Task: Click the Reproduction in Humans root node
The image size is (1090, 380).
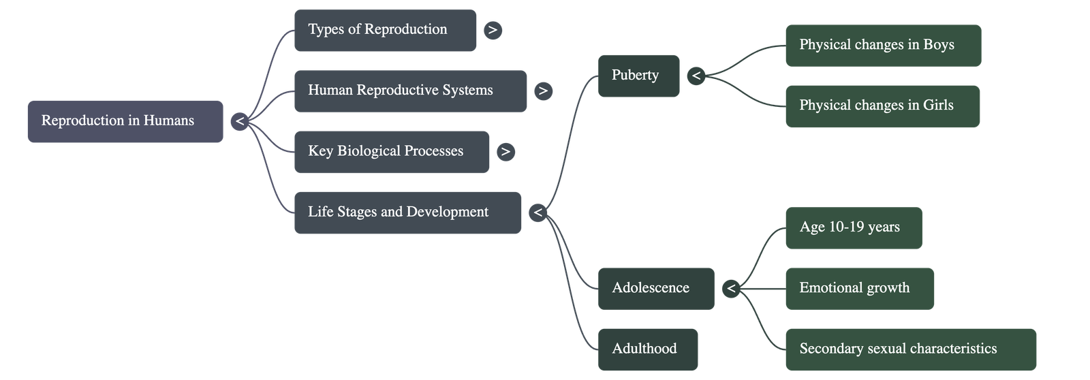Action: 125,121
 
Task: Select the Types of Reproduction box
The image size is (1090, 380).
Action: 385,30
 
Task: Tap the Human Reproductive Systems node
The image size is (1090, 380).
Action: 410,91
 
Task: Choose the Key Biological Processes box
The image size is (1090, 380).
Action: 392,151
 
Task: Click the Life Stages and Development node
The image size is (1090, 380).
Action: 407,212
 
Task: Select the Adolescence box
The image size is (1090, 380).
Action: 656,288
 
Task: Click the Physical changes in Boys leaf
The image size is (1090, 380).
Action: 883,46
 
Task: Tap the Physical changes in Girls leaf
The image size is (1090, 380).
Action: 882,106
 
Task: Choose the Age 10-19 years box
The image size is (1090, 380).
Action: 854,227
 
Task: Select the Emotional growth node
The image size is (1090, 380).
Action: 859,288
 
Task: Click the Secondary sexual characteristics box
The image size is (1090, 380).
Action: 910,349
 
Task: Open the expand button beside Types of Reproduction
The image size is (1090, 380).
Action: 493,30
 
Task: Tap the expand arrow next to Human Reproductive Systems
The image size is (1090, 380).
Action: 543,91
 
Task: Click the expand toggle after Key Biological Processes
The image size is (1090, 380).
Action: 505,151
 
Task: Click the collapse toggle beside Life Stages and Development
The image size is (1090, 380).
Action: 538,212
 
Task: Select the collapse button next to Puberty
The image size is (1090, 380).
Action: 696,76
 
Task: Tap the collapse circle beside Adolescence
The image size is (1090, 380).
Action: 731,288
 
